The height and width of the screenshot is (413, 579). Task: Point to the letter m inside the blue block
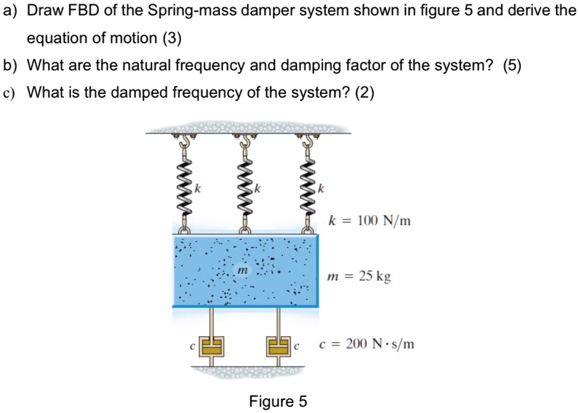(242, 271)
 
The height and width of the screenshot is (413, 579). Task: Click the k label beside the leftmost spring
(197, 188)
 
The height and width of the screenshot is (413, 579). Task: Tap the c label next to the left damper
(192, 347)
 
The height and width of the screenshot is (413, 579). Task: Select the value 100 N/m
(386, 220)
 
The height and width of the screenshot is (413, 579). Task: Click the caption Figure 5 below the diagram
(278, 402)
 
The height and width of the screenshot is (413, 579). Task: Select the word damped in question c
(139, 93)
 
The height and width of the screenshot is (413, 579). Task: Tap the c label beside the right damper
(297, 347)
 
